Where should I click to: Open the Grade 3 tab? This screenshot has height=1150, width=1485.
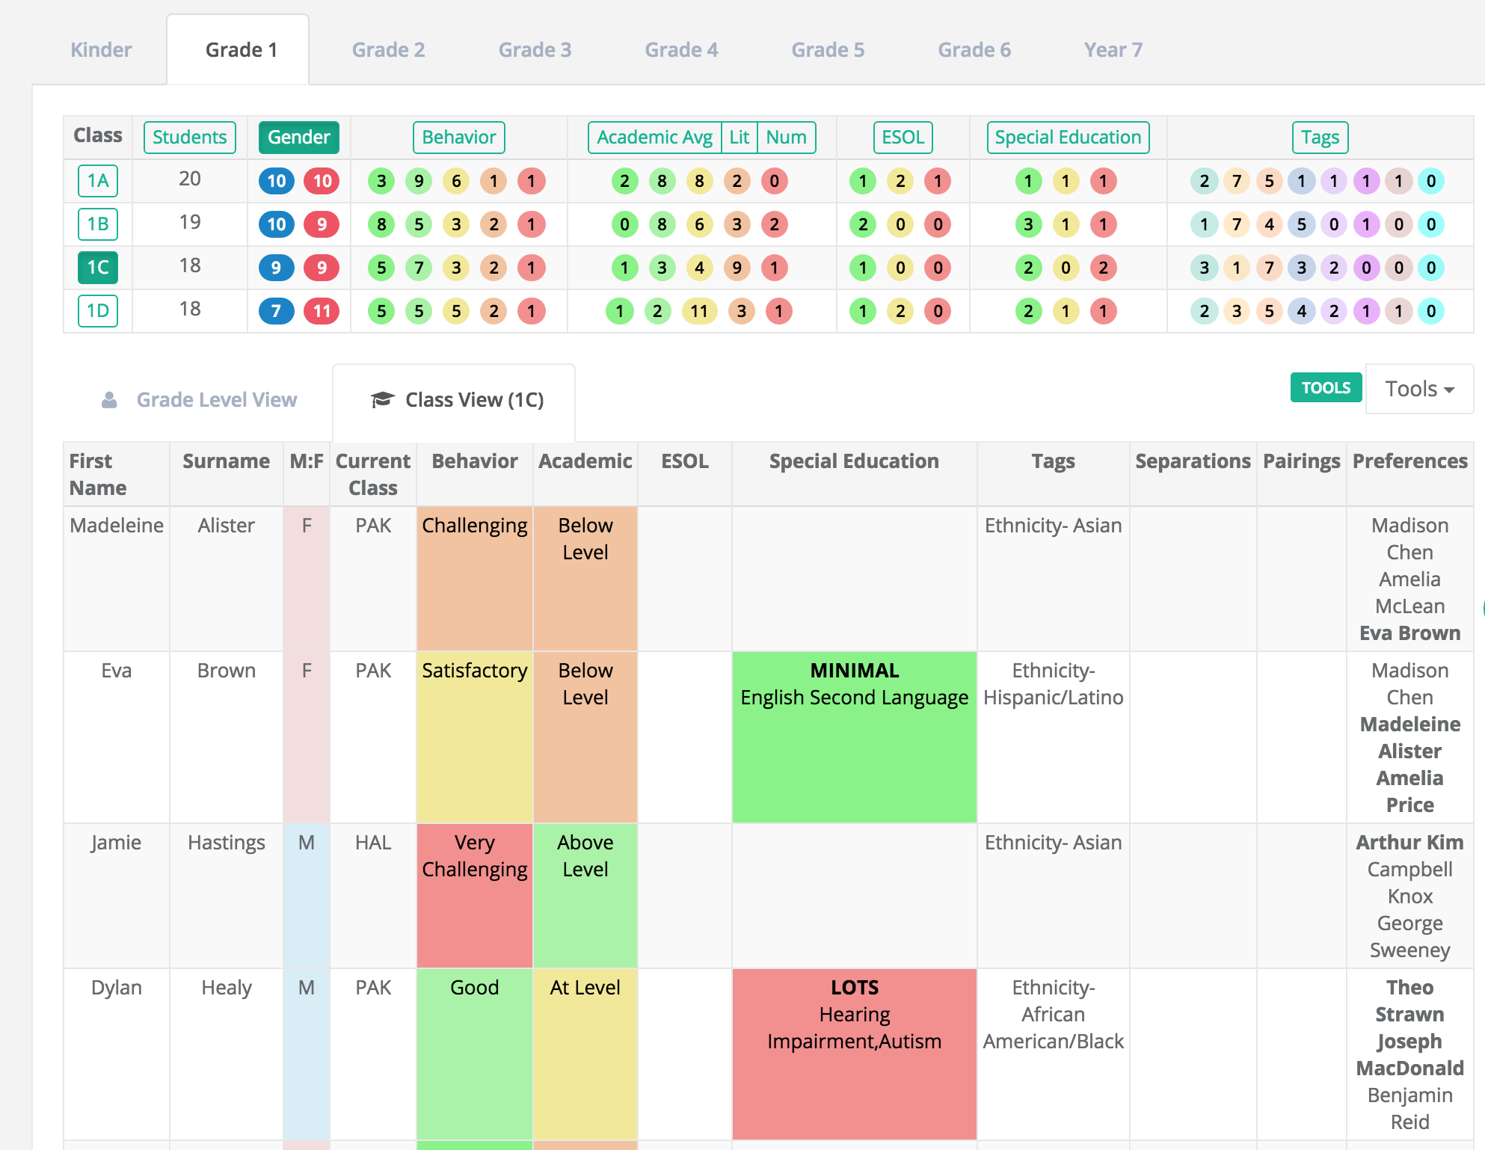click(535, 50)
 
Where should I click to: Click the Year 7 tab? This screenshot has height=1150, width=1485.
click(1113, 50)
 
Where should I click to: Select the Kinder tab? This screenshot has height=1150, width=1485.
click(101, 50)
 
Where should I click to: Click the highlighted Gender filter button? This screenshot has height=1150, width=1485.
click(299, 138)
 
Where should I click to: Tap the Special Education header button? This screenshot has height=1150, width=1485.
click(1068, 138)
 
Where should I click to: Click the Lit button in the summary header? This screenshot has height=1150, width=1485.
click(739, 138)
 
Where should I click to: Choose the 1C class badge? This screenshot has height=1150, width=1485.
click(98, 268)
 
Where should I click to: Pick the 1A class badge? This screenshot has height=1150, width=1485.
click(98, 181)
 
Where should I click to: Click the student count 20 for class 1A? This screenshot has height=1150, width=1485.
click(190, 179)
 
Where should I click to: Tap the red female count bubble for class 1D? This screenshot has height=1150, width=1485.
click(322, 311)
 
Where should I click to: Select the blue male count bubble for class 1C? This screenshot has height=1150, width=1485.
click(276, 268)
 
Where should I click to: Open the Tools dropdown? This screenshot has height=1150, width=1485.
click(1419, 389)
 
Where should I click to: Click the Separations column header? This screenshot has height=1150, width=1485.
click(1193, 461)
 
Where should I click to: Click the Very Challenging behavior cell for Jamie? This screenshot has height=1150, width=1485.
click(475, 896)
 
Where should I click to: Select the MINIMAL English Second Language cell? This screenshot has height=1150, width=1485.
click(855, 737)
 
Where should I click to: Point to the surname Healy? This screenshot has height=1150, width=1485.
click(227, 988)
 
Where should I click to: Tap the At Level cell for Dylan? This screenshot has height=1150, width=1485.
click(585, 1054)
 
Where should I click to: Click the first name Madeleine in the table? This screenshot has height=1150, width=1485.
click(117, 526)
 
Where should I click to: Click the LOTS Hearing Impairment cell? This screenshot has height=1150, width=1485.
click(855, 1054)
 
